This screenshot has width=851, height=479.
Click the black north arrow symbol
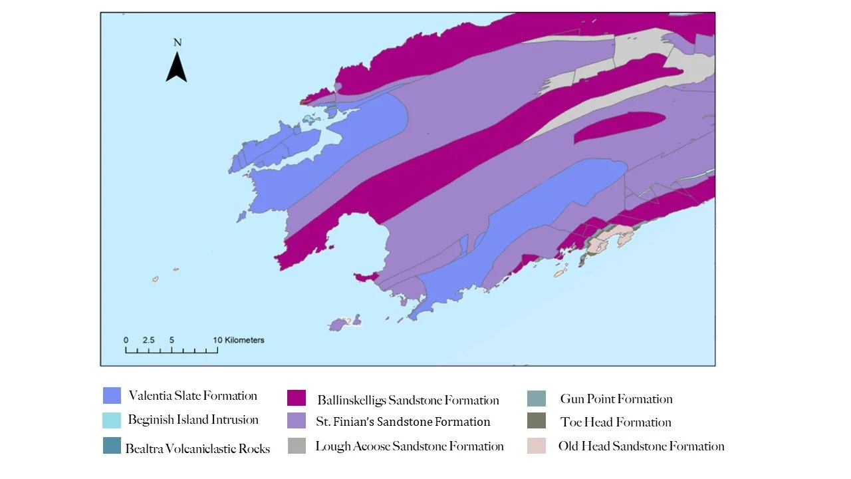click(x=176, y=68)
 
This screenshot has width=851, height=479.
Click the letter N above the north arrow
click(x=177, y=43)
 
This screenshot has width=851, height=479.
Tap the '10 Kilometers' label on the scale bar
click(x=239, y=340)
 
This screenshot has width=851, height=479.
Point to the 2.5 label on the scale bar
click(x=148, y=340)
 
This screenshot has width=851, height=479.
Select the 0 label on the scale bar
click(x=126, y=340)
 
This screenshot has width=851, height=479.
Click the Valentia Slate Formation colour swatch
click(x=112, y=396)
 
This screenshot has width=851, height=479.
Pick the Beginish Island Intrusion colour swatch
click(x=112, y=420)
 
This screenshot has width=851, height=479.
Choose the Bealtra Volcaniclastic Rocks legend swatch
click(x=112, y=446)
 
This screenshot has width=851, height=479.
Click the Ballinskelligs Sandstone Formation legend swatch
click(x=297, y=398)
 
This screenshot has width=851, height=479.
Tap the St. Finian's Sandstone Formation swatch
click(x=297, y=421)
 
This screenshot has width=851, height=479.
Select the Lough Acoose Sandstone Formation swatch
click(x=297, y=446)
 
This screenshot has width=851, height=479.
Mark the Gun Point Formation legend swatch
click(x=536, y=398)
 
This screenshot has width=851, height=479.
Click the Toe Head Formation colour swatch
click(x=536, y=421)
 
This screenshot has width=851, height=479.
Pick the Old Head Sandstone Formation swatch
click(x=536, y=446)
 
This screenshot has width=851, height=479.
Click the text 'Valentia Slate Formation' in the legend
click(x=193, y=396)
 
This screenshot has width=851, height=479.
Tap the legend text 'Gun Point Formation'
click(x=616, y=399)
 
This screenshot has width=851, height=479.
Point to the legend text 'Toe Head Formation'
click(x=616, y=422)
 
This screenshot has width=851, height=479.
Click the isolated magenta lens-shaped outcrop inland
click(x=618, y=126)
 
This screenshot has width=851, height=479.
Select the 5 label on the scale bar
click(x=172, y=340)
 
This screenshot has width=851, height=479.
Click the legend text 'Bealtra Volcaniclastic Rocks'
click(x=197, y=448)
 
